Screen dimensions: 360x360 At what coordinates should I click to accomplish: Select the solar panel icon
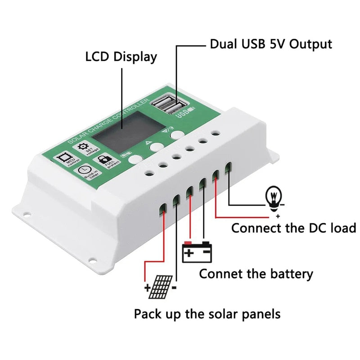pyautogui.click(x=161, y=287)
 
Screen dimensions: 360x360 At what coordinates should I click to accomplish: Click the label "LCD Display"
pyautogui.click(x=121, y=57)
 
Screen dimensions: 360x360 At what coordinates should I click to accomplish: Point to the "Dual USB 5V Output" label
pyautogui.click(x=271, y=44)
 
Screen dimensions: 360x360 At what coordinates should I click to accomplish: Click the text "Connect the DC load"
pyautogui.click(x=293, y=228)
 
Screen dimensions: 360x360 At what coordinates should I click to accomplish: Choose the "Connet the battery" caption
pyautogui.click(x=256, y=273)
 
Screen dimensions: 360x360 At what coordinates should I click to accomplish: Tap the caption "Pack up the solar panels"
pyautogui.click(x=207, y=313)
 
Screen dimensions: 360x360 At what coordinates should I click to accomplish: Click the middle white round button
pyautogui.click(x=157, y=147)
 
